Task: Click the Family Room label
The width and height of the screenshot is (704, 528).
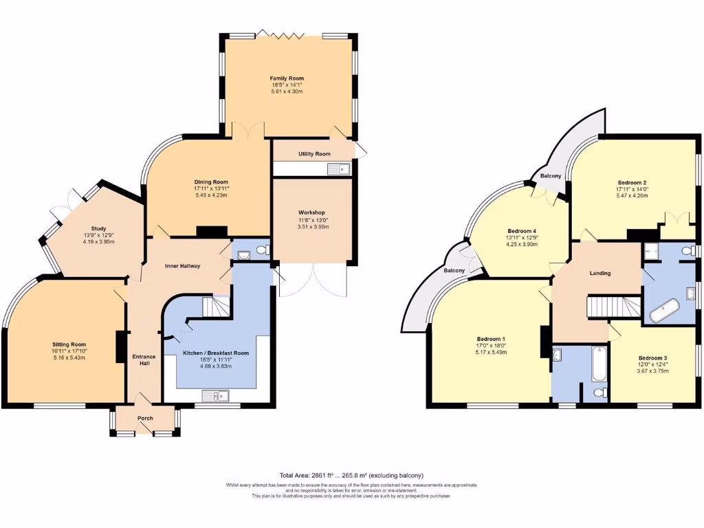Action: [x=287, y=78]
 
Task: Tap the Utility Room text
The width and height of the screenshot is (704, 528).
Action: [x=314, y=154]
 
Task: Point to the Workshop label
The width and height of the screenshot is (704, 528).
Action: [x=311, y=212]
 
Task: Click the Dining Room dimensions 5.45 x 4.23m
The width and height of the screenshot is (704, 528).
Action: [x=211, y=195]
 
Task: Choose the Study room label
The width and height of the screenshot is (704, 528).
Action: [x=99, y=228]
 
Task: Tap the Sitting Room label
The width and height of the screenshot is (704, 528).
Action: [x=69, y=344]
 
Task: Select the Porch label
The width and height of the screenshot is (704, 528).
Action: [x=145, y=418]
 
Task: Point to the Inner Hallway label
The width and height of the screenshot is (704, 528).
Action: [x=182, y=265]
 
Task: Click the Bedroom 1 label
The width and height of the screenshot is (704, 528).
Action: [x=491, y=339]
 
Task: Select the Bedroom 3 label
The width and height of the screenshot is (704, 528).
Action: [x=652, y=358]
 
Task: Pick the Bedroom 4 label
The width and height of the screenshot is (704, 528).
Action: [x=521, y=230]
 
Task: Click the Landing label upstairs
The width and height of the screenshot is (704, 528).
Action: [x=600, y=273]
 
